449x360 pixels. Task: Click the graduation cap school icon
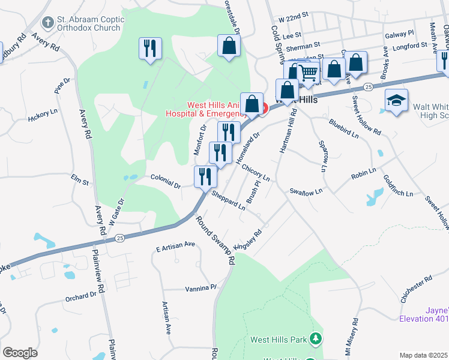tap(396, 100)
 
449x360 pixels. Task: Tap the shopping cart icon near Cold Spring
tap(309, 73)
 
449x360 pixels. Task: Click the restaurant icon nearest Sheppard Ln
tap(205, 176)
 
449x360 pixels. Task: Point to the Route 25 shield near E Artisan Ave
tap(119, 238)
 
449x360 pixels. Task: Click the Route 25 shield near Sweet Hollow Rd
tap(369, 87)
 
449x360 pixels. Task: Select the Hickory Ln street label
tap(42, 119)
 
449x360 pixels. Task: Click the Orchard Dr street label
tap(80, 296)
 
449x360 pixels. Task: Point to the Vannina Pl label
tap(200, 288)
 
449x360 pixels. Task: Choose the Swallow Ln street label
tap(306, 191)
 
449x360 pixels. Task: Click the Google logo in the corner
tap(20, 352)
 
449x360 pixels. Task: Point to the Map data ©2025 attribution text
tap(424, 355)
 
